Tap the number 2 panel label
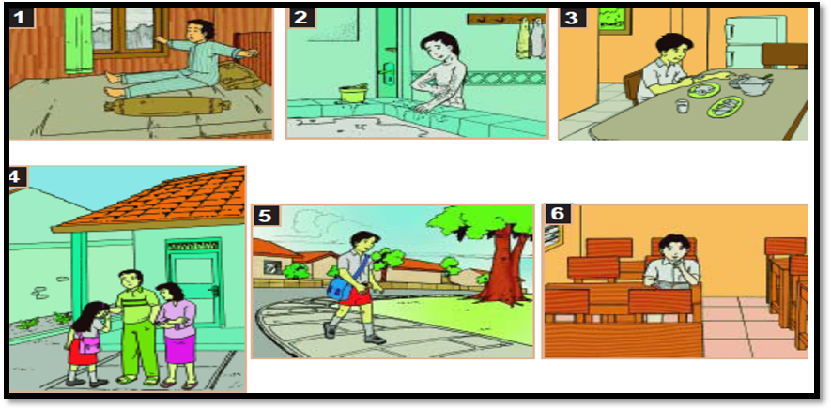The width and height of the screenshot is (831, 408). (300, 18)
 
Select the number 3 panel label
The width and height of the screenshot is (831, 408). (572, 18)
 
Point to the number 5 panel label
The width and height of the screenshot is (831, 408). (265, 216)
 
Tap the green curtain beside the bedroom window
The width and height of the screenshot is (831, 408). (79, 41)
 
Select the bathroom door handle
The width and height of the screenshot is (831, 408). (386, 71)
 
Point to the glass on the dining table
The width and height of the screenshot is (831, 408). (682, 106)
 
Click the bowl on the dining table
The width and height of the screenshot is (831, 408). (752, 84)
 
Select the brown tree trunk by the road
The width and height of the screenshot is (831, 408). (501, 270)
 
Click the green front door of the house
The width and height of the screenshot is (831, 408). (193, 283)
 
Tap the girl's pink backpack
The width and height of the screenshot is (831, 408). (87, 340)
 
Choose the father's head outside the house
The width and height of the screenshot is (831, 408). (129, 280)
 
